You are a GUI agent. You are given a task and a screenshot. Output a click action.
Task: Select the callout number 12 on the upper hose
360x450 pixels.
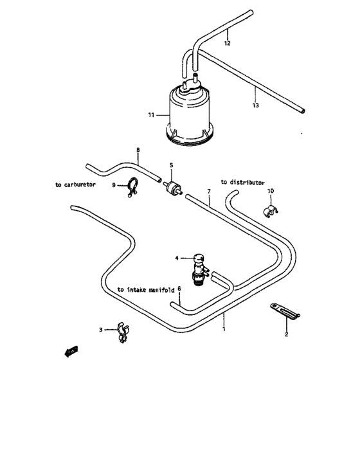(x=226, y=44)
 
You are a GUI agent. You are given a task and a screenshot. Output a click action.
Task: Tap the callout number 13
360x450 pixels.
(x=255, y=105)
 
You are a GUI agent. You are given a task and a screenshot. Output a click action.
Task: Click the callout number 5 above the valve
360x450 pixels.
(x=171, y=165)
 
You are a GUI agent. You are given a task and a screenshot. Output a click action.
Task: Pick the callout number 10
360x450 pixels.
(x=271, y=191)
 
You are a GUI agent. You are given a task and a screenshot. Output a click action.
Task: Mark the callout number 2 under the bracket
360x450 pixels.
(x=287, y=335)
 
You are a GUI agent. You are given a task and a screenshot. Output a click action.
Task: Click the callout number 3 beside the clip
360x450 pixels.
(x=100, y=330)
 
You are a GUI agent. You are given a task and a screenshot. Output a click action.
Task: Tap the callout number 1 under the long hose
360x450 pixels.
(x=223, y=329)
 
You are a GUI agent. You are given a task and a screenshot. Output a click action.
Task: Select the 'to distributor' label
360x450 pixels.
(x=242, y=183)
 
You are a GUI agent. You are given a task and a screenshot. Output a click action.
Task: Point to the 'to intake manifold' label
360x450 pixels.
(x=146, y=290)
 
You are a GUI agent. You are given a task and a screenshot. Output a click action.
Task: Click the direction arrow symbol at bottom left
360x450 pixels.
(x=71, y=351)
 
